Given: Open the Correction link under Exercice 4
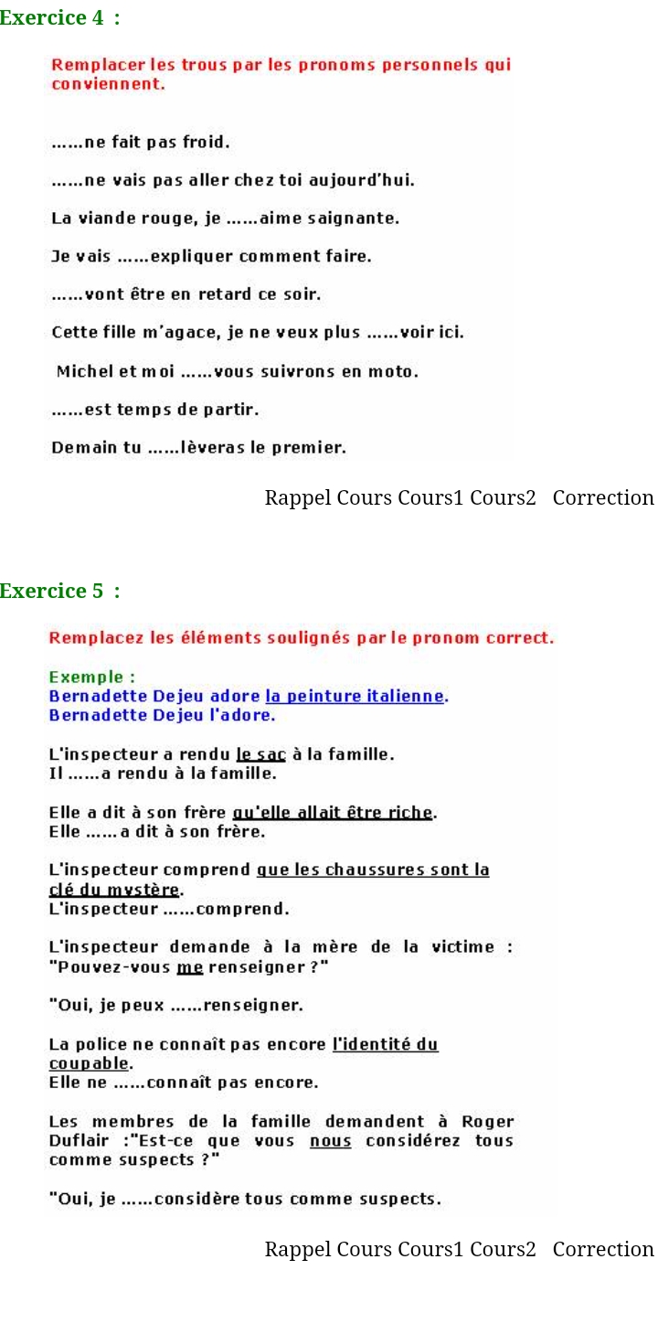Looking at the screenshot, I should pyautogui.click(x=603, y=497).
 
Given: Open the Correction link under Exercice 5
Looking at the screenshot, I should pyautogui.click(x=603, y=1249).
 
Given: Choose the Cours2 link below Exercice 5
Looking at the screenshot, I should pyautogui.click(x=503, y=1249).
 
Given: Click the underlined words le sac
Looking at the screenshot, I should pyautogui.click(x=260, y=754).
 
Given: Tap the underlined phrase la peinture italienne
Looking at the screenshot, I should pyautogui.click(x=355, y=697).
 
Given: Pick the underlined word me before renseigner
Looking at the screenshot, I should pyautogui.click(x=189, y=967).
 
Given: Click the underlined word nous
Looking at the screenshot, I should pyautogui.click(x=330, y=1141).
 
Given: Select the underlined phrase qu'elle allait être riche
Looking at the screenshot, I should pyautogui.click(x=333, y=813).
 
